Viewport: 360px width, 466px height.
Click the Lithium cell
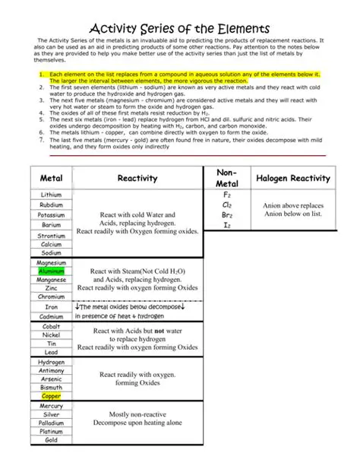[51, 195]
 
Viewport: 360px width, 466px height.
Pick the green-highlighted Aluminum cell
[52, 271]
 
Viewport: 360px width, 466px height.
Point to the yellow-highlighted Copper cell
[52, 396]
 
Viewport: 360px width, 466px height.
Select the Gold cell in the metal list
[52, 440]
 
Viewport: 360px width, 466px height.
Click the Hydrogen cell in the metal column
[52, 363]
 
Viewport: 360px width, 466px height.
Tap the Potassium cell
[52, 215]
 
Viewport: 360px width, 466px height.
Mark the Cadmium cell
[52, 316]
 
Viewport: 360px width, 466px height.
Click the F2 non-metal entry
[227, 195]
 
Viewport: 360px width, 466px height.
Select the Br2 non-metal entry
[227, 215]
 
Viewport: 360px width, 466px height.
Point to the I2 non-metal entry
[227, 225]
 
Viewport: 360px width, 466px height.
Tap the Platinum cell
[52, 431]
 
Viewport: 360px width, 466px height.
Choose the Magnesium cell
[52, 262]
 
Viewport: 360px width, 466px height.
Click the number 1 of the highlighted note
[40, 75]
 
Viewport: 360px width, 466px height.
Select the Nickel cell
[52, 334]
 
